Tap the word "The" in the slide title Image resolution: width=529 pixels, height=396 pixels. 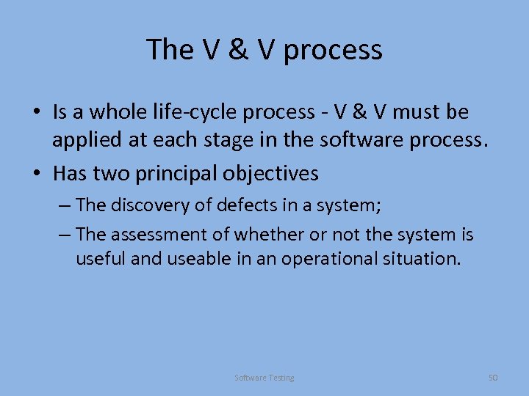pyautogui.click(x=169, y=49)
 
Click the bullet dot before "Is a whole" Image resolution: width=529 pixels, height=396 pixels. pyautogui.click(x=35, y=113)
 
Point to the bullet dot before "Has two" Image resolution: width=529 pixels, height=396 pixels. pyautogui.click(x=35, y=175)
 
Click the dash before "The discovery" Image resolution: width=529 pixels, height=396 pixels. pyautogui.click(x=64, y=205)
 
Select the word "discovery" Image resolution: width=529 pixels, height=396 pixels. pyautogui.click(x=152, y=205)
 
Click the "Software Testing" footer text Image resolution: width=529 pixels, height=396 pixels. pyautogui.click(x=264, y=378)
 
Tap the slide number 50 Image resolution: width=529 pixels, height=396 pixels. pyautogui.click(x=493, y=378)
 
